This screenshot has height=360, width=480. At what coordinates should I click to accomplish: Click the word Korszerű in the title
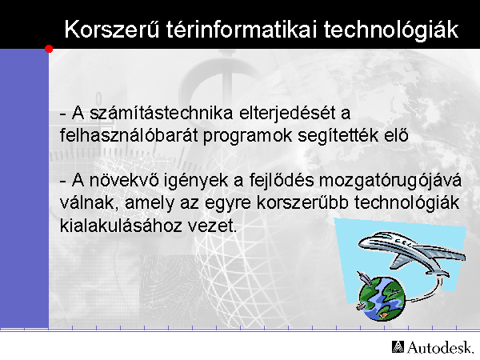click(112, 30)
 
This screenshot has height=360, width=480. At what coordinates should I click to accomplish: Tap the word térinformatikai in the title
click(242, 30)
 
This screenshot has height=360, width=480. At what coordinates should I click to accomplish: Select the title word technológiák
click(391, 30)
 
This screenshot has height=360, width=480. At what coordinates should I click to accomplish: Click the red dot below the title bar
click(49, 49)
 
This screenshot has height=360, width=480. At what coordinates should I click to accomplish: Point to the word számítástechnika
click(162, 113)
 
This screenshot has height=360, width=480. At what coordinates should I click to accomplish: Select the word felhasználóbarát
click(129, 135)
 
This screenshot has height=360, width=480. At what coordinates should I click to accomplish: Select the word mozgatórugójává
click(390, 181)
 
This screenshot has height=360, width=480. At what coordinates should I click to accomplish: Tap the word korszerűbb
click(302, 202)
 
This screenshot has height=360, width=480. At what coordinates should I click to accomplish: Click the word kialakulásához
click(121, 226)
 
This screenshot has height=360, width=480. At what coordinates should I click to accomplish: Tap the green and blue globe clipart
click(382, 298)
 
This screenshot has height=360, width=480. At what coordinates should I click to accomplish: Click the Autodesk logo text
click(440, 347)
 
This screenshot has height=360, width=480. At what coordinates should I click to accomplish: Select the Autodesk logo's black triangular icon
click(398, 347)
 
